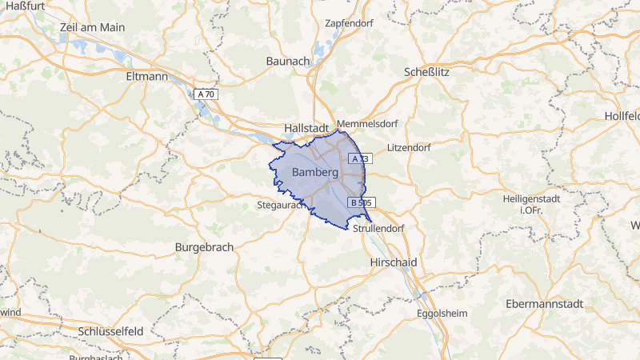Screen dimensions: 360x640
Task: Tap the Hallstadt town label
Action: pos(308,128)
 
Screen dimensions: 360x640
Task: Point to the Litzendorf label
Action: pos(408,148)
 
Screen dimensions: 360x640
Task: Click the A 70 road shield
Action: pos(206,94)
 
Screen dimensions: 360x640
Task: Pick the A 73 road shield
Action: pos(358,159)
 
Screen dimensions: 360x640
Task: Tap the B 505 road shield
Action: pos(361,203)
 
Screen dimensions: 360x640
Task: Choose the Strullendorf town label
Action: pos(379,228)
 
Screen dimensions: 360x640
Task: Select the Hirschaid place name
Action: pos(395,262)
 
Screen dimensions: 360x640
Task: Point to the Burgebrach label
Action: pos(204,247)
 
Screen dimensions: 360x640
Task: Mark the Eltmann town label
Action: pos(147,77)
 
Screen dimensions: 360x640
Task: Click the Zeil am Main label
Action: pos(92,27)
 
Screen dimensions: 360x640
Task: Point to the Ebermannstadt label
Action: pos(546,305)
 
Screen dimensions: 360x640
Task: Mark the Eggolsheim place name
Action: pos(442,314)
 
